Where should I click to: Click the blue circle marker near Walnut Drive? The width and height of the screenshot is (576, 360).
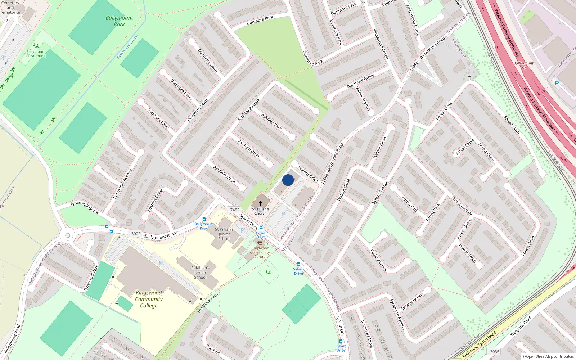tap(288, 180)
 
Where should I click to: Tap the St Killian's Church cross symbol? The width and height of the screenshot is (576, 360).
tap(261, 203)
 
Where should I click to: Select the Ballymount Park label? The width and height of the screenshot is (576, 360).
tap(119, 21)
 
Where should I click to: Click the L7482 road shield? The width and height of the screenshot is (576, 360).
tap(234, 210)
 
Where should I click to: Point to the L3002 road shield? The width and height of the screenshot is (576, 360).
tap(135, 234)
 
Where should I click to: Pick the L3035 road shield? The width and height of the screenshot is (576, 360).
tap(494, 352)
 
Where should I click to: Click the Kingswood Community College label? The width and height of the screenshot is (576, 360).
tap(149, 299)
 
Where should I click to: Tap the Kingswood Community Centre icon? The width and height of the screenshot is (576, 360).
tap(260, 243)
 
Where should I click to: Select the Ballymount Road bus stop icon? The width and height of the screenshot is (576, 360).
tap(204, 219)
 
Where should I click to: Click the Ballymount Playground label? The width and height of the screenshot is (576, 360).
tap(36, 54)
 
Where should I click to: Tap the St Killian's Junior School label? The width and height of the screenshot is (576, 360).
tap(224, 234)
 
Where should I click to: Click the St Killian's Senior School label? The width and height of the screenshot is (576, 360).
tap(200, 273)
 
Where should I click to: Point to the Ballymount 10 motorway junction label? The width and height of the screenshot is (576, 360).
tap(523, 65)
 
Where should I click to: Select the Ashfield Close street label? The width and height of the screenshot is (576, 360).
tap(224, 175)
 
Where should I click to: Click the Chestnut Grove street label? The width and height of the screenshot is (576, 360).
tap(154, 201)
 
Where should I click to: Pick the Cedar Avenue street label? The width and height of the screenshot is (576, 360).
tap(379, 260)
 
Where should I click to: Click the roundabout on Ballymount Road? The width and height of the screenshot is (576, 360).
tap(67, 235)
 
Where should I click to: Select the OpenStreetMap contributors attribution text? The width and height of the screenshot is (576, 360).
tap(548, 356)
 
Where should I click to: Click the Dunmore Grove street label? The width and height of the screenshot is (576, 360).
tap(360, 81)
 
